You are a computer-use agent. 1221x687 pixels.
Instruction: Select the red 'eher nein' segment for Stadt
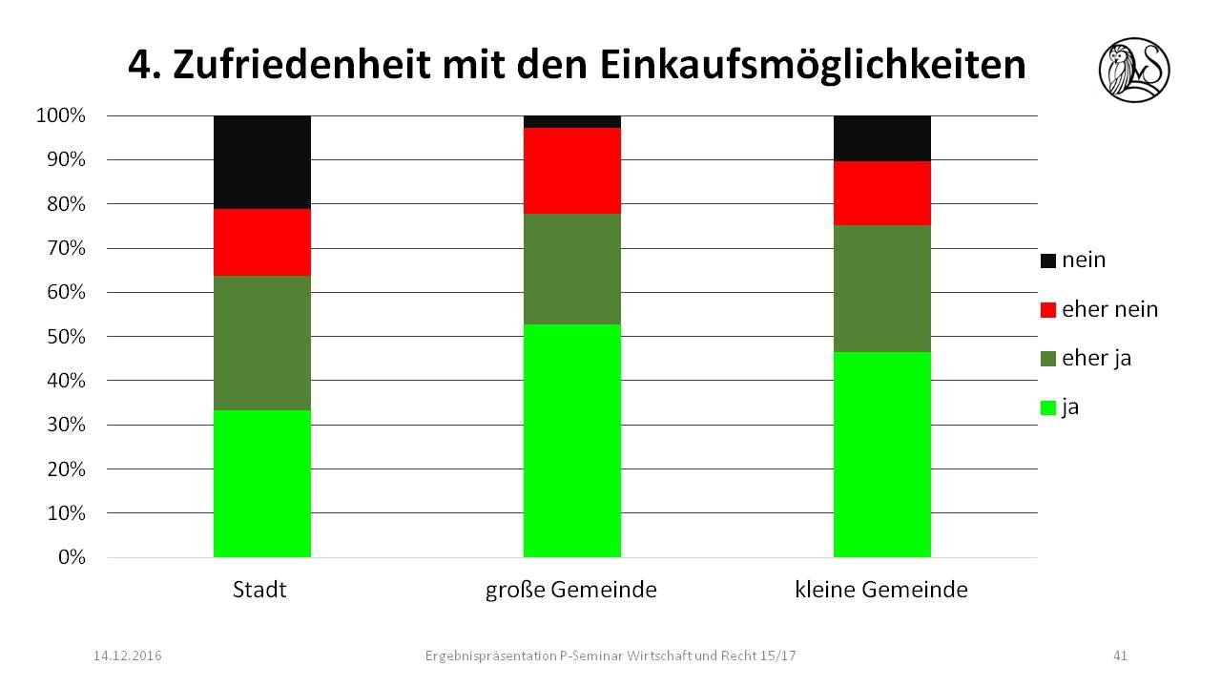point(262,242)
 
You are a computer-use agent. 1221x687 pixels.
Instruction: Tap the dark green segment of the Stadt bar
point(262,343)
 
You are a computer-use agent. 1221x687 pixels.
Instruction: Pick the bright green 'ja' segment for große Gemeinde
point(572,441)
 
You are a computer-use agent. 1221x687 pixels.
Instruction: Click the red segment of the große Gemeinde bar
point(572,171)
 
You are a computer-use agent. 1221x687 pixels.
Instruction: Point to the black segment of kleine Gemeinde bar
point(882,138)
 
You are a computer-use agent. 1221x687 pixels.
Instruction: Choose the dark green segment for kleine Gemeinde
point(882,289)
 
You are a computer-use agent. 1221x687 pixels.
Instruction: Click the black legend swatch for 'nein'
point(1048,260)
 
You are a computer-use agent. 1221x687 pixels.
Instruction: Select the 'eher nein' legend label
point(1109,309)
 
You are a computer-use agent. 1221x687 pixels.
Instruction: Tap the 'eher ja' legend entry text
point(1098,359)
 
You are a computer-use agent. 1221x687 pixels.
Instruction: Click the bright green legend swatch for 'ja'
point(1048,408)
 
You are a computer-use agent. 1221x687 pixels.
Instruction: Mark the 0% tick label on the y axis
point(71,557)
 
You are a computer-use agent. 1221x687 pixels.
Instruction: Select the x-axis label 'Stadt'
point(259,590)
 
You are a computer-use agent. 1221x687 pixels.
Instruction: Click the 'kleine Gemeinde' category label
point(881,590)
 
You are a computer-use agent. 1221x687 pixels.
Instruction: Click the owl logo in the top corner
point(1134,69)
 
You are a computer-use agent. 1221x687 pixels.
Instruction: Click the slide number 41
point(1121,656)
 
